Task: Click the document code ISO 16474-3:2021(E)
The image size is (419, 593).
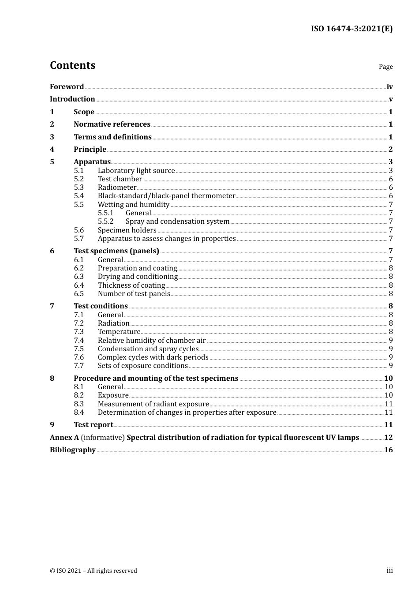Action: click(352, 29)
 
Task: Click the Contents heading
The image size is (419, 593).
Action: click(72, 65)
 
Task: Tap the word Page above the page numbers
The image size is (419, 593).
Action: click(385, 67)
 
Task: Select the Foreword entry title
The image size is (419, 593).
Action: click(67, 86)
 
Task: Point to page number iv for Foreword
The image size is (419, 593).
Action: click(389, 87)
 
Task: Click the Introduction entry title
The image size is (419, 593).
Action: click(72, 99)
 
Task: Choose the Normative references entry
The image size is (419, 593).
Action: click(112, 124)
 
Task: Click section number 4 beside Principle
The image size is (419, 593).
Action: click(52, 149)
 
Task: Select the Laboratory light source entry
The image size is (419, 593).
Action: click(136, 171)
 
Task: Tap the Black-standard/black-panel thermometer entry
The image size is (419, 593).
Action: click(166, 196)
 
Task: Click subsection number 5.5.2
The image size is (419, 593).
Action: click(105, 221)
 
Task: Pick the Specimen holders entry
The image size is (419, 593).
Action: click(127, 230)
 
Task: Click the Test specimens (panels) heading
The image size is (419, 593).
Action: click(116, 251)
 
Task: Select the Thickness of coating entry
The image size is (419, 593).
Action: click(131, 285)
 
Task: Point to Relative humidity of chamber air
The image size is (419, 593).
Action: click(152, 341)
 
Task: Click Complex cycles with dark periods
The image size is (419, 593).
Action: click(153, 357)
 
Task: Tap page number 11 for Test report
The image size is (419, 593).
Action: click(388, 425)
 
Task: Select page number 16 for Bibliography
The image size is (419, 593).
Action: click(388, 450)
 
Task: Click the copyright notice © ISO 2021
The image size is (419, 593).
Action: click(94, 571)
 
